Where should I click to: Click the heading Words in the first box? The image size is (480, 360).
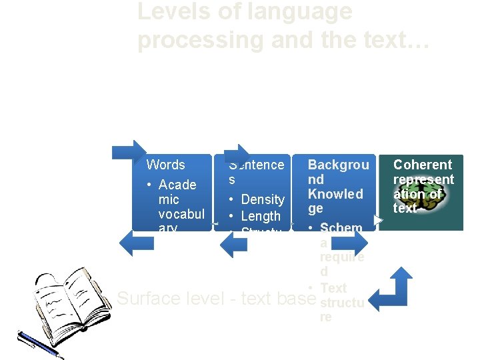(x=165, y=165)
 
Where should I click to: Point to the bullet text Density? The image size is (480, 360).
(x=263, y=199)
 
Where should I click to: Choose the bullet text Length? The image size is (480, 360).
(x=261, y=216)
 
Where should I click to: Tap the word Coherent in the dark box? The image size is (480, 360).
(x=423, y=165)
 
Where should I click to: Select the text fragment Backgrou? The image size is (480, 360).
(x=338, y=165)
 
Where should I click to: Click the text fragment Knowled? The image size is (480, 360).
(x=335, y=194)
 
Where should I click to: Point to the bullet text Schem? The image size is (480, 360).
(x=341, y=228)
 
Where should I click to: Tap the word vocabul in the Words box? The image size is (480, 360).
(x=181, y=214)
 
